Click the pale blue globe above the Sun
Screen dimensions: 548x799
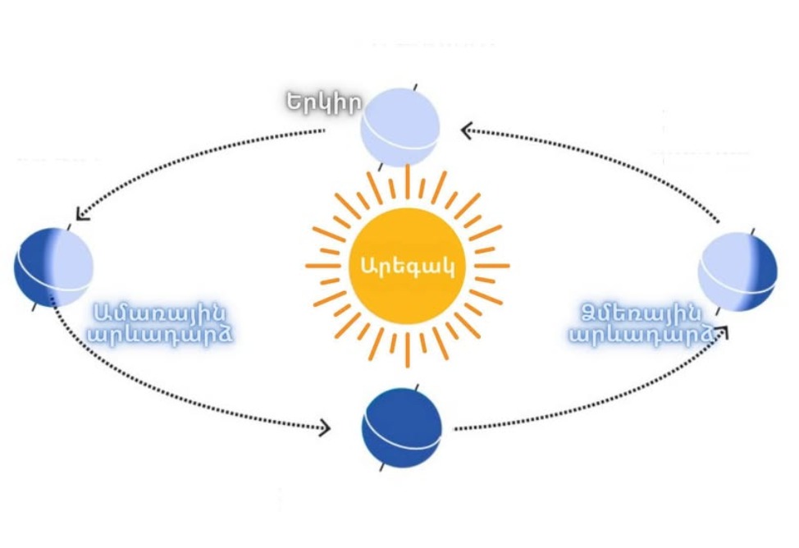point(401,127)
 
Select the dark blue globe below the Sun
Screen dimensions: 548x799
point(402,428)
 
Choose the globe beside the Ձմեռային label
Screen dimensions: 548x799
point(737,272)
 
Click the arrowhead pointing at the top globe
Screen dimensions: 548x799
point(467,130)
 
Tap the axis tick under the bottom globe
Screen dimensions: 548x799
point(382,469)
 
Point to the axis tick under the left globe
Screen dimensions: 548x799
point(34,308)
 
